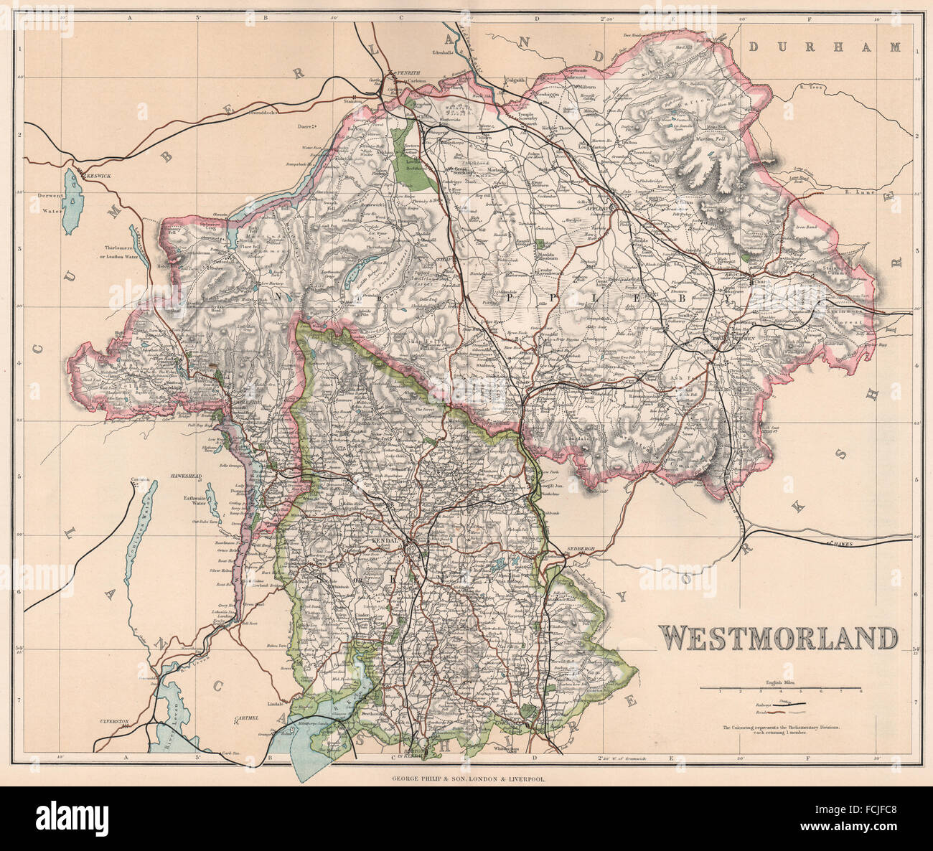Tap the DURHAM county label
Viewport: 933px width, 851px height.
(x=824, y=47)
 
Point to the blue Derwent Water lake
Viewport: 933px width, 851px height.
(x=72, y=203)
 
